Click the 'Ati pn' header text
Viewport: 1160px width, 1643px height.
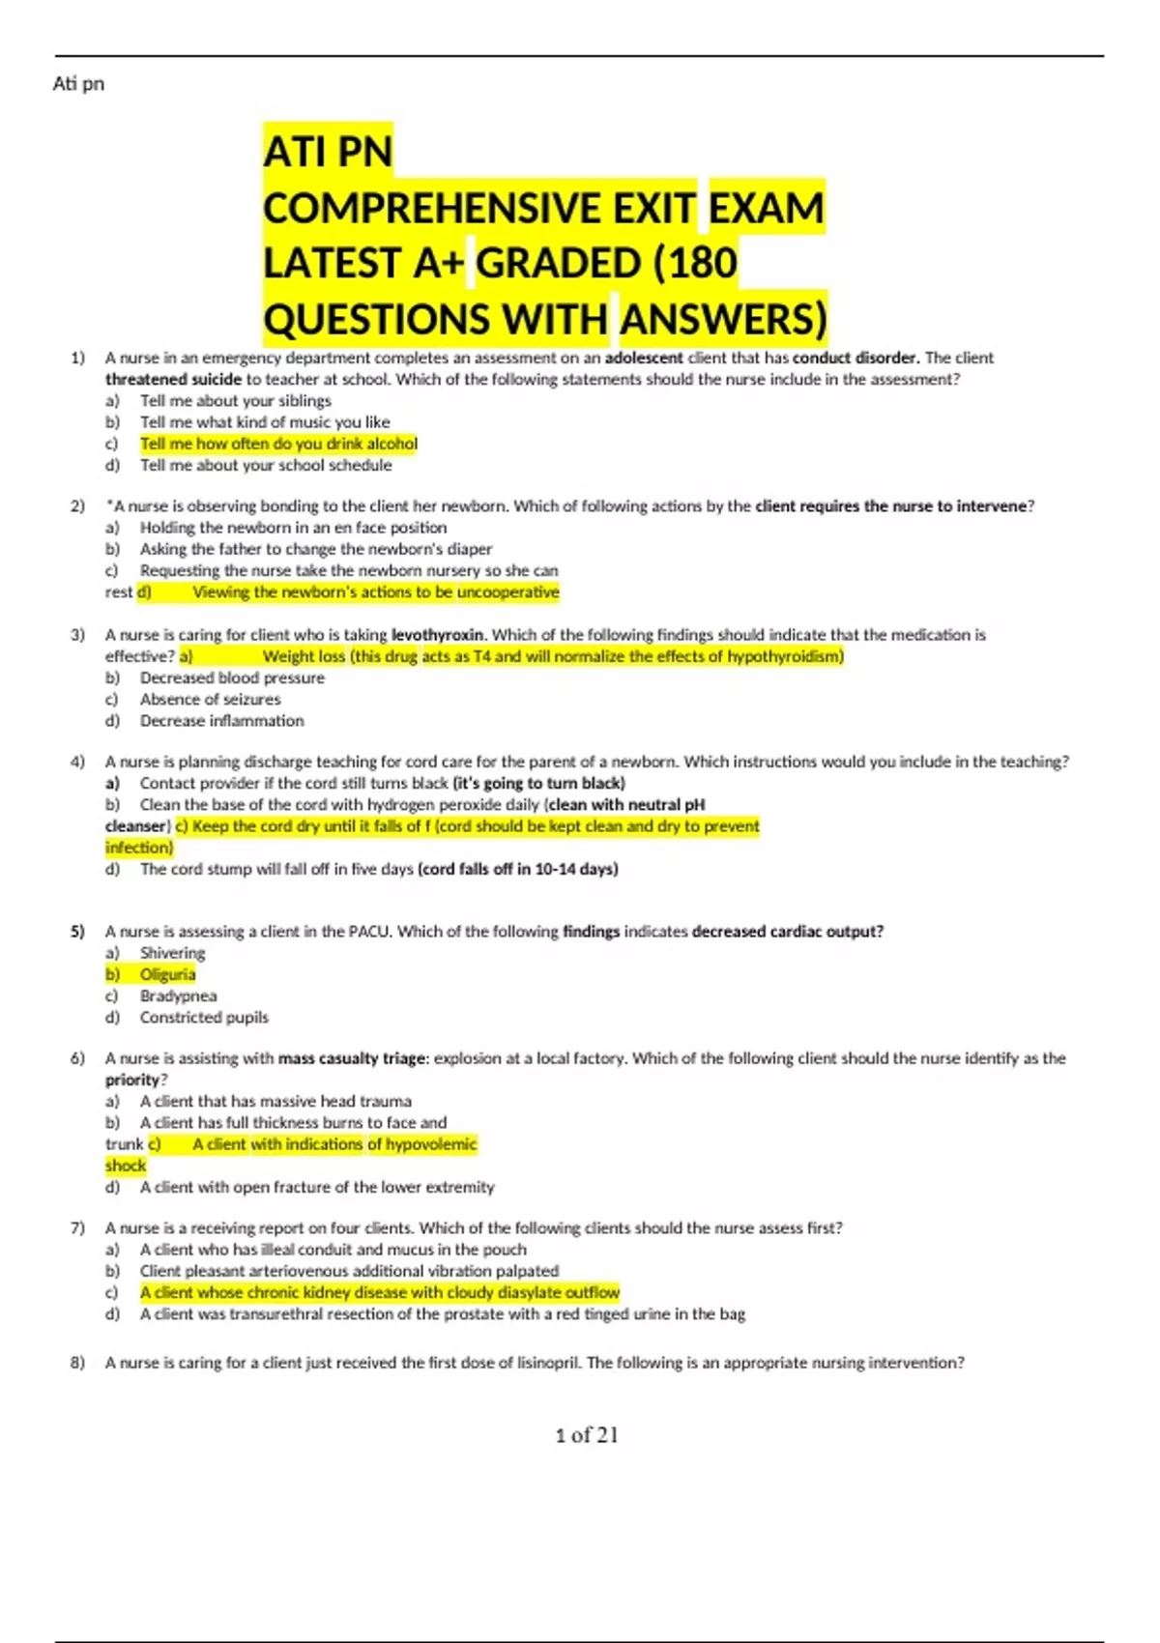tap(78, 84)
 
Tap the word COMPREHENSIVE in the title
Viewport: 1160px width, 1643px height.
tap(478, 208)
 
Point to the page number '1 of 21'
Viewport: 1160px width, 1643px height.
tap(586, 1435)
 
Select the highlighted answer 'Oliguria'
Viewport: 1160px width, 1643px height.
tap(167, 974)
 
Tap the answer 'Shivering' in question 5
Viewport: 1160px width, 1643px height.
tap(172, 953)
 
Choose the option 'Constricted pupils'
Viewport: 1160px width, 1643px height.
tap(204, 1017)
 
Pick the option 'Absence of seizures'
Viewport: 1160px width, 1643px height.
tap(210, 699)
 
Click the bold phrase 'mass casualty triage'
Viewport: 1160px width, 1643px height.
tap(352, 1058)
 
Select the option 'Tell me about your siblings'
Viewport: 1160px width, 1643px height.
tap(235, 400)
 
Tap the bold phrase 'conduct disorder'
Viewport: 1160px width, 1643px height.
tap(855, 358)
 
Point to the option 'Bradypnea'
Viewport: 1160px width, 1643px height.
tap(178, 995)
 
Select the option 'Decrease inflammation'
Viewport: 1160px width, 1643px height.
tap(221, 720)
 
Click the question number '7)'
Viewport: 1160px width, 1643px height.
tap(77, 1227)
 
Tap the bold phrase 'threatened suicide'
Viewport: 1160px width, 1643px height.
tap(173, 379)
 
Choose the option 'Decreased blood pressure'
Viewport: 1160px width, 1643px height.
tap(232, 677)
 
